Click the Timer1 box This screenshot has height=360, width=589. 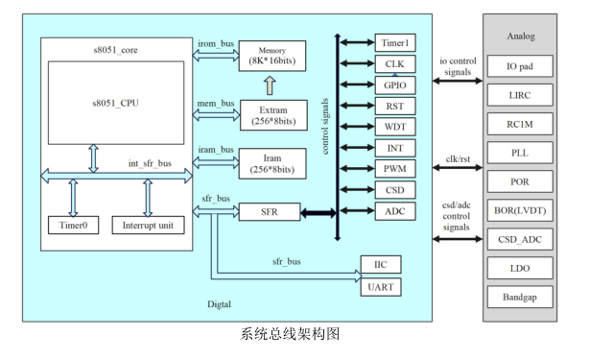click(x=395, y=43)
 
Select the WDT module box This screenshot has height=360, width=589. click(x=395, y=127)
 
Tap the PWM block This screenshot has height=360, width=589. click(x=395, y=169)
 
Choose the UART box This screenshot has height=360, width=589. click(x=381, y=287)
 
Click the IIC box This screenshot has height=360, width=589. click(x=381, y=265)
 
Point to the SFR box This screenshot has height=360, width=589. click(x=270, y=212)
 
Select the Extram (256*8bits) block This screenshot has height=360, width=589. click(x=273, y=115)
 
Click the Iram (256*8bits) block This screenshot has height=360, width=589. click(x=272, y=163)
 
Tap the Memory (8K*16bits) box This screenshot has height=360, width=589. click(x=272, y=56)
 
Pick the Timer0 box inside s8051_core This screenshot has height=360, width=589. click(x=74, y=225)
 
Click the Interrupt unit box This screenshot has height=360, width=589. click(x=148, y=225)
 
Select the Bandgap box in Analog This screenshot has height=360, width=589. click(x=520, y=297)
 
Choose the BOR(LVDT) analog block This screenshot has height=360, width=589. click(x=520, y=210)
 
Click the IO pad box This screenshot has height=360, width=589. click(x=520, y=66)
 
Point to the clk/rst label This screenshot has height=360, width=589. click(x=458, y=159)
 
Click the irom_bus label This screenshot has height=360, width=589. click(x=216, y=43)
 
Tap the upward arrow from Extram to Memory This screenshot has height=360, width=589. click(x=270, y=85)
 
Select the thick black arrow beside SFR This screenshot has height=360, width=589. click(x=318, y=213)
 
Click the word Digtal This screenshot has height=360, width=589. click(x=219, y=304)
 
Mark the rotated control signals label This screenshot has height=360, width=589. click(x=325, y=127)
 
